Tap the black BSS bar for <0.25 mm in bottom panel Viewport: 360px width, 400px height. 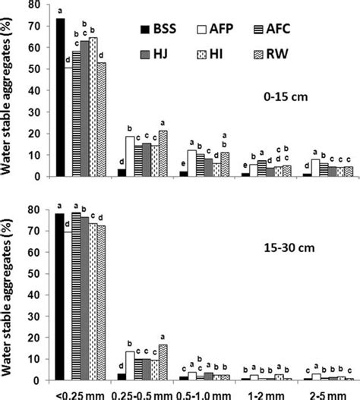(x=60, y=296)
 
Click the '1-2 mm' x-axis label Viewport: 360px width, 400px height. (x=272, y=393)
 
